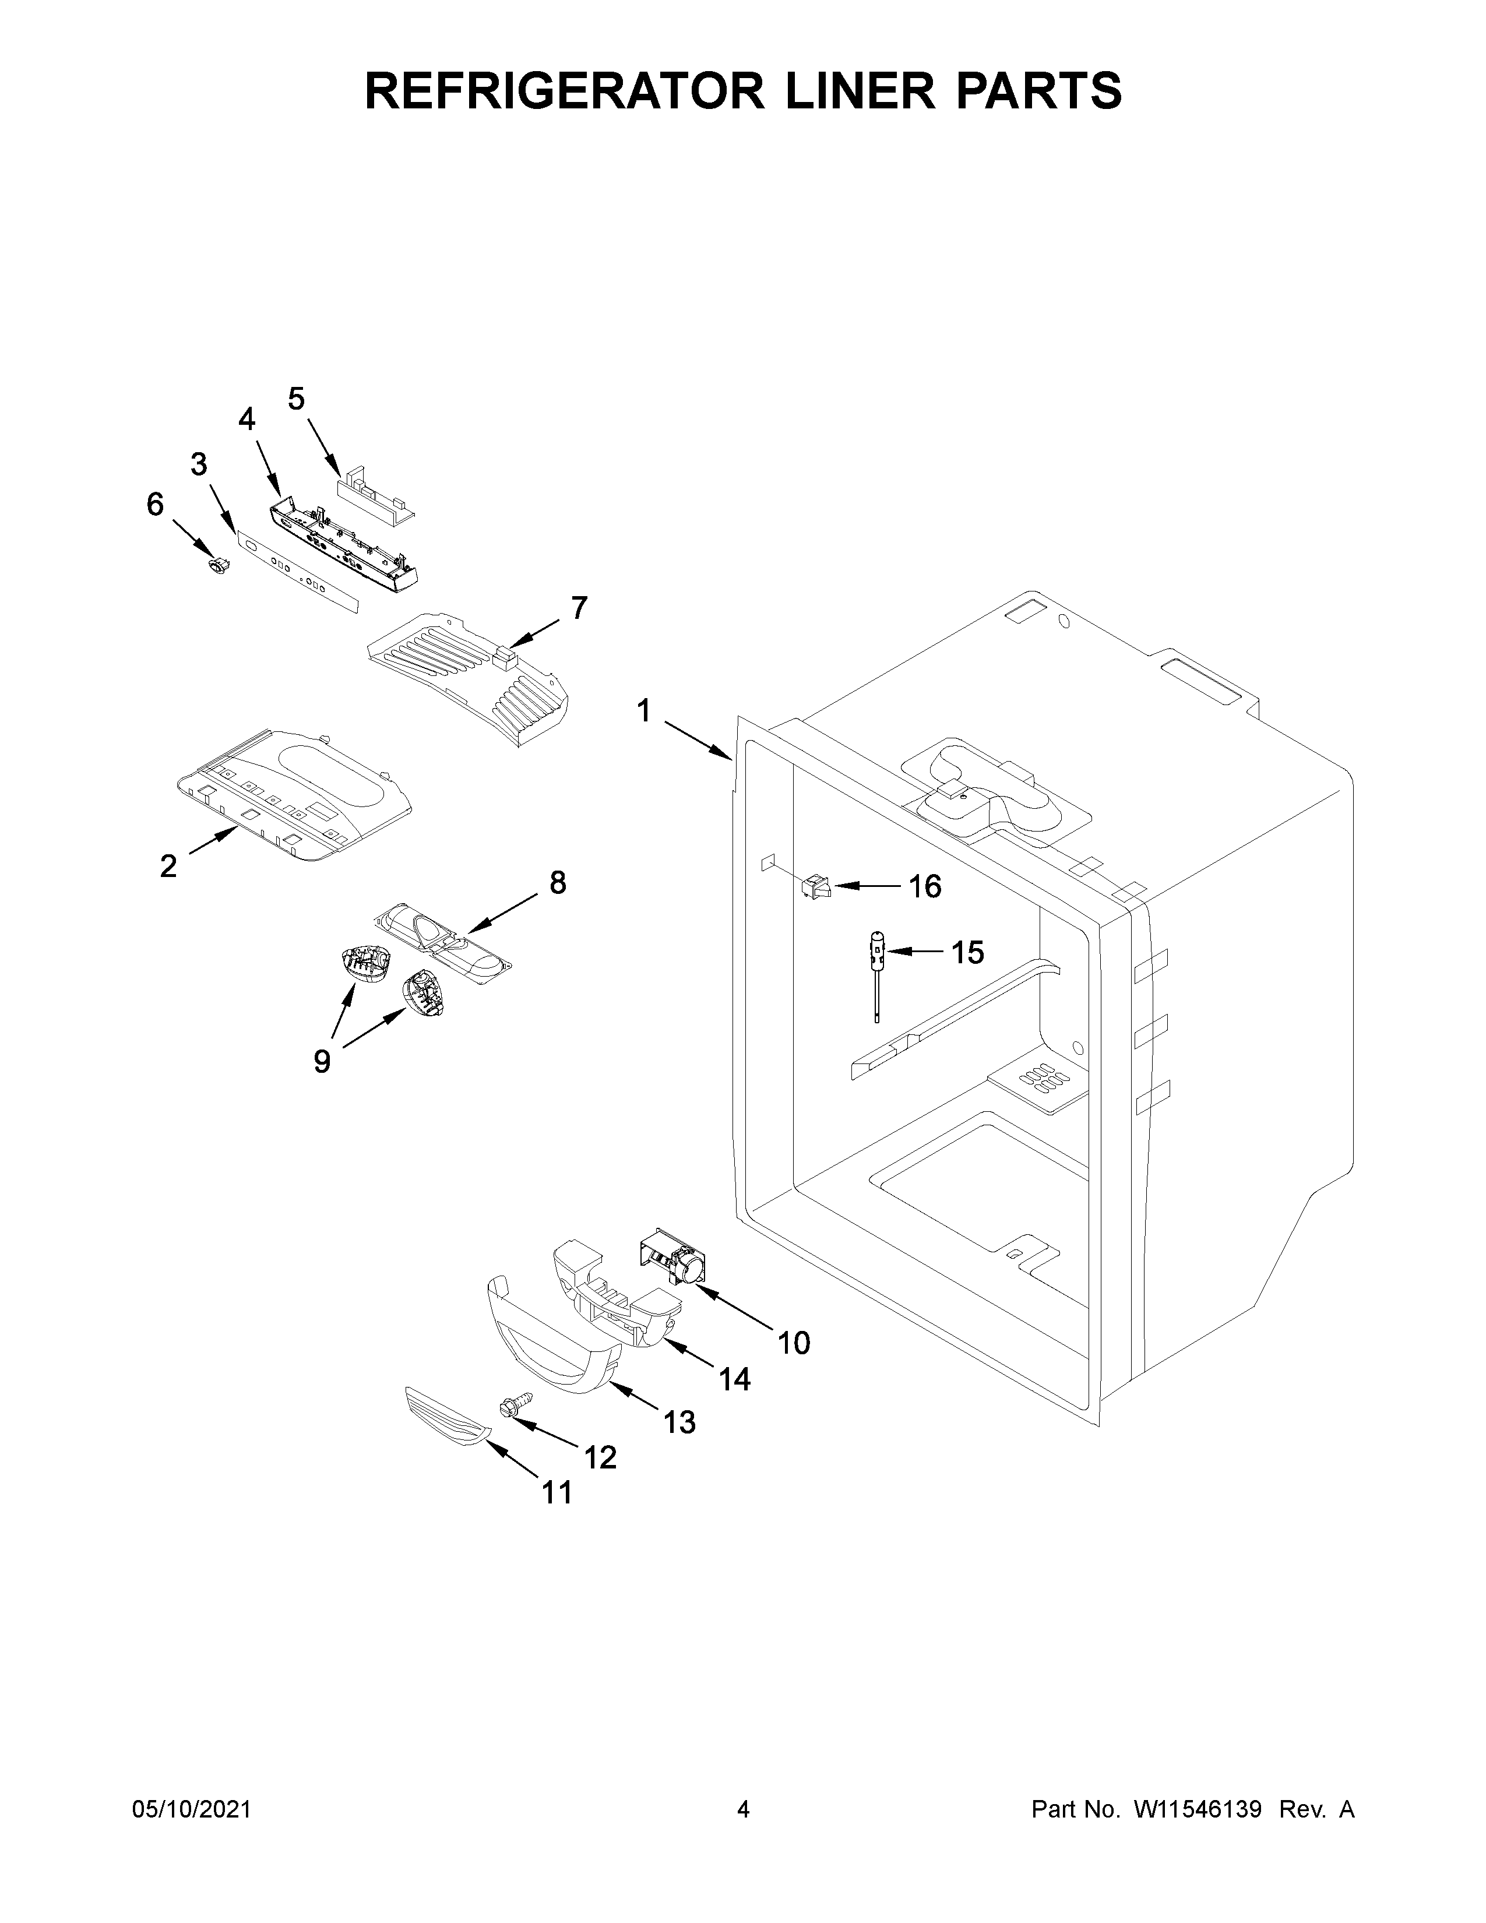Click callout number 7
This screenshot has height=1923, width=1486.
click(579, 608)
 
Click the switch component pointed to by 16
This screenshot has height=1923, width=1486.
click(815, 887)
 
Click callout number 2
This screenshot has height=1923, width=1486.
click(168, 867)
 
